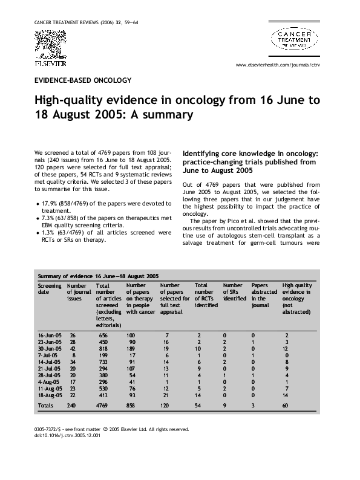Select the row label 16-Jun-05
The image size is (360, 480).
49,334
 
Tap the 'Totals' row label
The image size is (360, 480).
45,405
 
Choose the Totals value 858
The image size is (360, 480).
132,405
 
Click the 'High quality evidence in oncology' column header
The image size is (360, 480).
297,298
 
